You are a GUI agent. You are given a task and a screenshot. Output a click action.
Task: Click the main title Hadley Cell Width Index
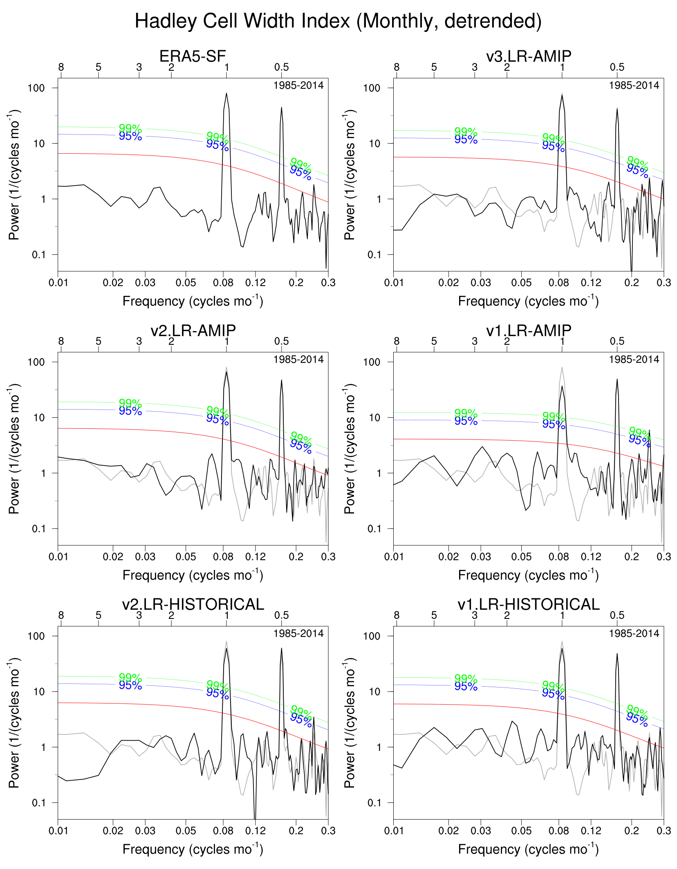(338, 21)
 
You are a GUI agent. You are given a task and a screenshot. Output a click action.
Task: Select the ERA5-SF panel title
(193, 56)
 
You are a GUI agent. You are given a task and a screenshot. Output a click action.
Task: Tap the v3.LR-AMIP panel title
(529, 56)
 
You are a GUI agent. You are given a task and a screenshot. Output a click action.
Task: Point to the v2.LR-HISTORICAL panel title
(193, 604)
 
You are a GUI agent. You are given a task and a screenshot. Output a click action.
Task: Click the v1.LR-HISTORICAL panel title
(529, 604)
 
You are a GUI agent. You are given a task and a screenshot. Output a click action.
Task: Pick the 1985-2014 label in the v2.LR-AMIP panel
(298, 359)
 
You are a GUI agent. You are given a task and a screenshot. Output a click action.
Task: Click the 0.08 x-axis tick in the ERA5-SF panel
(223, 282)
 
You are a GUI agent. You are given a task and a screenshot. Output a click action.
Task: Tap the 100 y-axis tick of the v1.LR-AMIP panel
(372, 362)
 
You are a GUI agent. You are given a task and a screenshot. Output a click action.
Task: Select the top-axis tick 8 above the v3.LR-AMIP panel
(397, 67)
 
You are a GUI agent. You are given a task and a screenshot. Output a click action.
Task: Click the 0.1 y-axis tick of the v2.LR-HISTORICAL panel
(39, 803)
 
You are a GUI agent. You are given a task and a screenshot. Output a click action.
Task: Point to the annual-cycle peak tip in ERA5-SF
(226, 94)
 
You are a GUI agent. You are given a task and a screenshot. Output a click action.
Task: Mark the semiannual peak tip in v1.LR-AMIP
(617, 379)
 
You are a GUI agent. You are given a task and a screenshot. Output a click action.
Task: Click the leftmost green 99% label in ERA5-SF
(130, 128)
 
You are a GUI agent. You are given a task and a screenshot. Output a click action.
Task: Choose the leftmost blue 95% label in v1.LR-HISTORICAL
(466, 686)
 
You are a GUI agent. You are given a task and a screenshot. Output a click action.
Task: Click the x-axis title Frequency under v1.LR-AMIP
(528, 575)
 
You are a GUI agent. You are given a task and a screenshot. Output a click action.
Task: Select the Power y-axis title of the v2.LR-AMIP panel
(14, 448)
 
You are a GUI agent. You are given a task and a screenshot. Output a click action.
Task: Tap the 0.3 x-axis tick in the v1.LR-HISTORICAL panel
(664, 831)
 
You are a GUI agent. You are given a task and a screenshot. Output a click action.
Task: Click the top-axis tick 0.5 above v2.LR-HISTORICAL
(281, 615)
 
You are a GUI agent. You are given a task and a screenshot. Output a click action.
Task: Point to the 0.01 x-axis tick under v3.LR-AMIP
(394, 282)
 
